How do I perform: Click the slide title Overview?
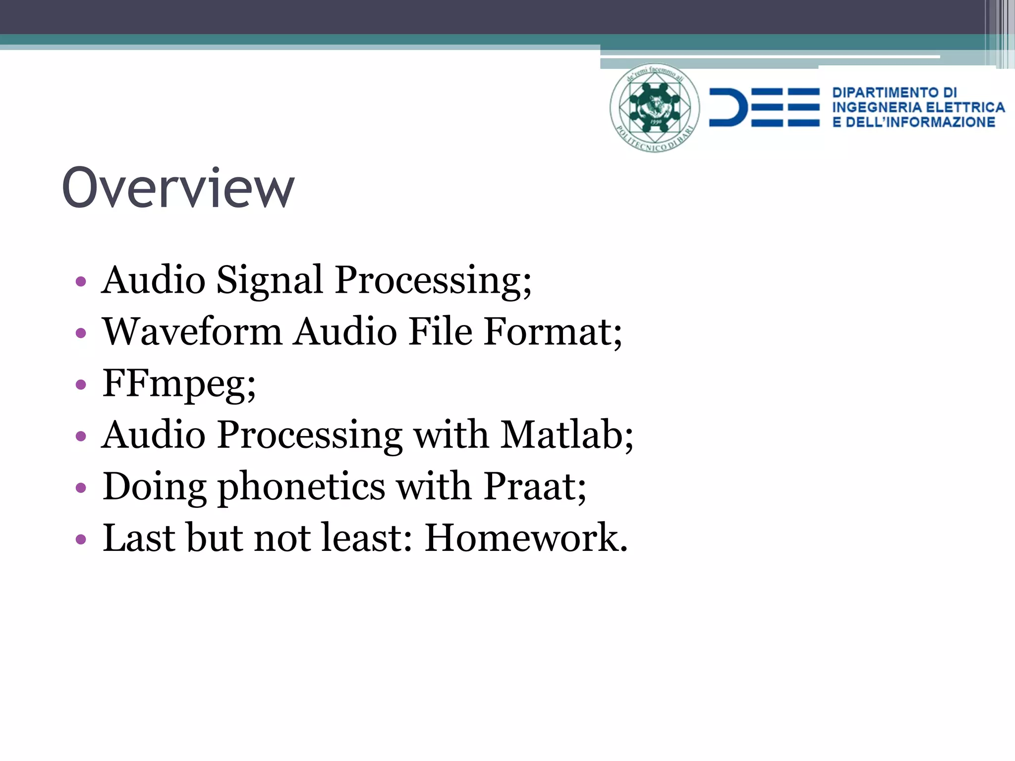178,188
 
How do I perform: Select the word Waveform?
192,331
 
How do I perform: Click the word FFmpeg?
178,384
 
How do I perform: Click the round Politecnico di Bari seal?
654,107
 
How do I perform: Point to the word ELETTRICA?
965,108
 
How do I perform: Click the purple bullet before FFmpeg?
81,385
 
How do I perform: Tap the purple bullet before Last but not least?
81,539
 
